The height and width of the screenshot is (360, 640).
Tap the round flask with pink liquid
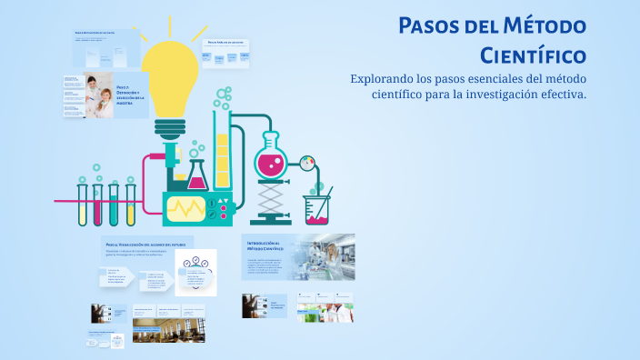[271, 156]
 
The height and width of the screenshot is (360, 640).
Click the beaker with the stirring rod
[317, 209]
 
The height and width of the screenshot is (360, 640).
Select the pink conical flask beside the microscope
[196, 175]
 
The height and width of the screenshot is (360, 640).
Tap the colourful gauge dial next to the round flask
[306, 162]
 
